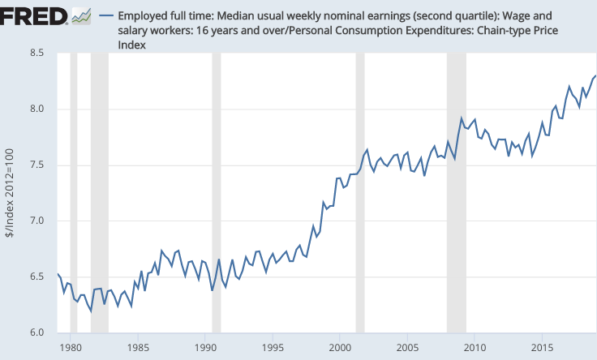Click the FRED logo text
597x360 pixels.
pyautogui.click(x=34, y=15)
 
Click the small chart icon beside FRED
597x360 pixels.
pyautogui.click(x=81, y=15)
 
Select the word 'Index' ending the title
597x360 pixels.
pyautogui.click(x=131, y=45)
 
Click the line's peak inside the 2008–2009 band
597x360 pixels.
pyautogui.click(x=462, y=119)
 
